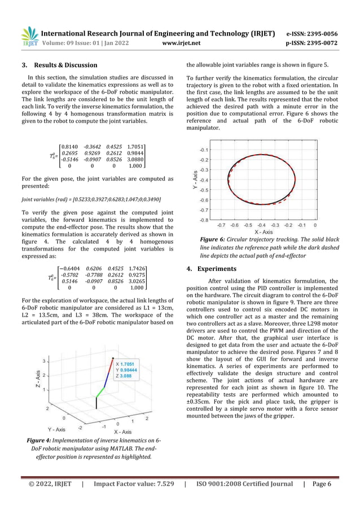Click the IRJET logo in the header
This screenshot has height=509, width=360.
pos(29,37)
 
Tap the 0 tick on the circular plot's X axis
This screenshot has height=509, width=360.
pos(314,225)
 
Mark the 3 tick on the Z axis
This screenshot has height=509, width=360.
pos(44,361)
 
